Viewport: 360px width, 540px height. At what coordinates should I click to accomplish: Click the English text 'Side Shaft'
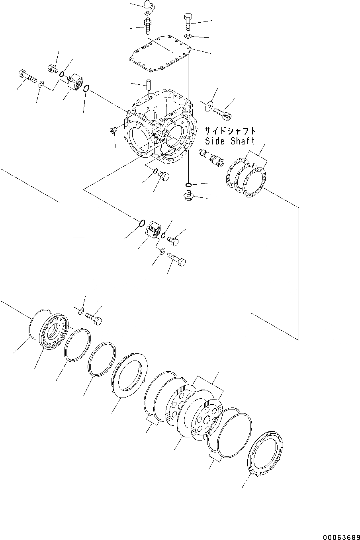point(230,141)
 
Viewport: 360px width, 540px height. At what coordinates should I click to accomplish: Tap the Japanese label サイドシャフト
point(230,131)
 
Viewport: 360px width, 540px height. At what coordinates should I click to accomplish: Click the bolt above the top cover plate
point(188,22)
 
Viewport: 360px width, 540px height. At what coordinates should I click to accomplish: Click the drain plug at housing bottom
point(188,195)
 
